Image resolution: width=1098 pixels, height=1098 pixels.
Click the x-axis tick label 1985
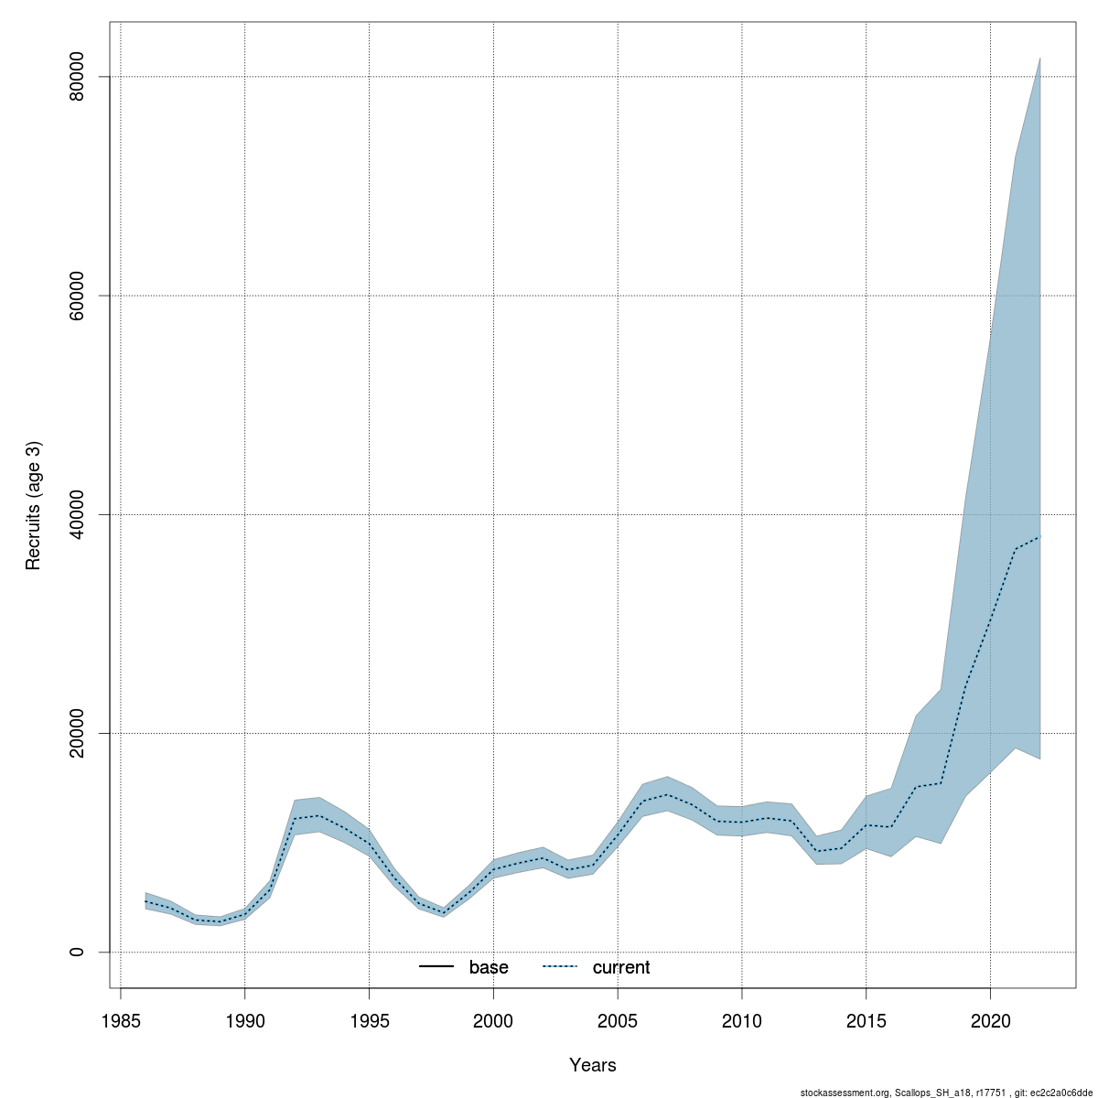(121, 1020)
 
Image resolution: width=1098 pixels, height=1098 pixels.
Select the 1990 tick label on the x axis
(244, 1020)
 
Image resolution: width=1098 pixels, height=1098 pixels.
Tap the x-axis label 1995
(369, 1020)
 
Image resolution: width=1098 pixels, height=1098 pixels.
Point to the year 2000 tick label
(493, 1020)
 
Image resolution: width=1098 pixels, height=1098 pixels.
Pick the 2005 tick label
(618, 1020)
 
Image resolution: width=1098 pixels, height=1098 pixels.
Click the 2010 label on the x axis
(742, 1020)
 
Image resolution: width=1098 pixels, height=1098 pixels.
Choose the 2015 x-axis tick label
(866, 1020)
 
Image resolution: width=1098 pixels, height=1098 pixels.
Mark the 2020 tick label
(990, 1020)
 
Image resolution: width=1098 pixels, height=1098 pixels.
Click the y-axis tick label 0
(77, 953)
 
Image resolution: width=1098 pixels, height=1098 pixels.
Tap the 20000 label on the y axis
(77, 734)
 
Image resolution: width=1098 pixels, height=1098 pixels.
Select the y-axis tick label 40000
(77, 515)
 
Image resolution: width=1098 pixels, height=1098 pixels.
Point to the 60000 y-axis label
(77, 296)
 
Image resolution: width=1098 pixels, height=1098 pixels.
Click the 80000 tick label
(77, 78)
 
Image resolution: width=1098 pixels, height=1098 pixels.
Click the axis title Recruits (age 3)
(34, 506)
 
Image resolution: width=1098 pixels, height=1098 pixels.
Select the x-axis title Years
(593, 1065)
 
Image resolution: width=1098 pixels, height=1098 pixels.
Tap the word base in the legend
(489, 967)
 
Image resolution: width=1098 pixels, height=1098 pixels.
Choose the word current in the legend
(621, 967)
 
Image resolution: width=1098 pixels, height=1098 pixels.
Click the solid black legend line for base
(436, 967)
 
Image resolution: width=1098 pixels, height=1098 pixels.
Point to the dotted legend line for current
(560, 967)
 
